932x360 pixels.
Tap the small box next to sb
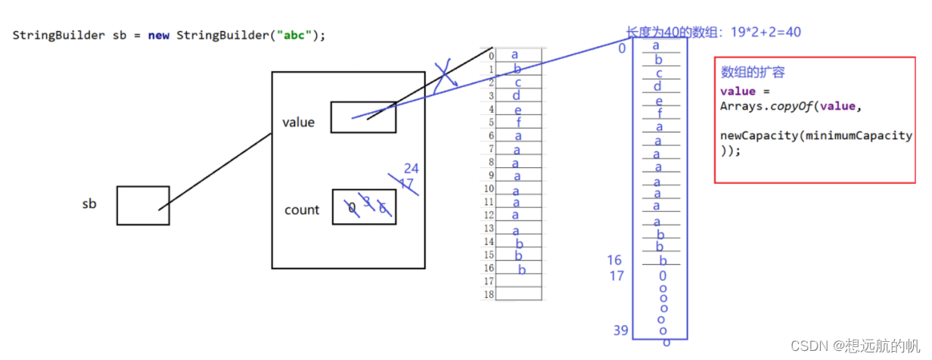click(143, 206)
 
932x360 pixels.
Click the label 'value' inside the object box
click(298, 123)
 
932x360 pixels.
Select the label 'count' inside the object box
click(302, 210)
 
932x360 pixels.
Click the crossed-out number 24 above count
click(411, 169)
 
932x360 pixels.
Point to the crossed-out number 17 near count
click(406, 184)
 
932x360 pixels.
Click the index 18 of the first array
click(489, 294)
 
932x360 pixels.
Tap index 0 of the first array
click(492, 56)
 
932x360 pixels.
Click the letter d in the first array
click(517, 95)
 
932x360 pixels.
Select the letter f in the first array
click(519, 122)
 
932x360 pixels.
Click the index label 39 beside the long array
click(621, 331)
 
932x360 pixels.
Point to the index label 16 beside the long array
click(614, 261)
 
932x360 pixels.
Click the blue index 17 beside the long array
click(617, 276)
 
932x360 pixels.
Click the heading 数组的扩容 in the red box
click(753, 73)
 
